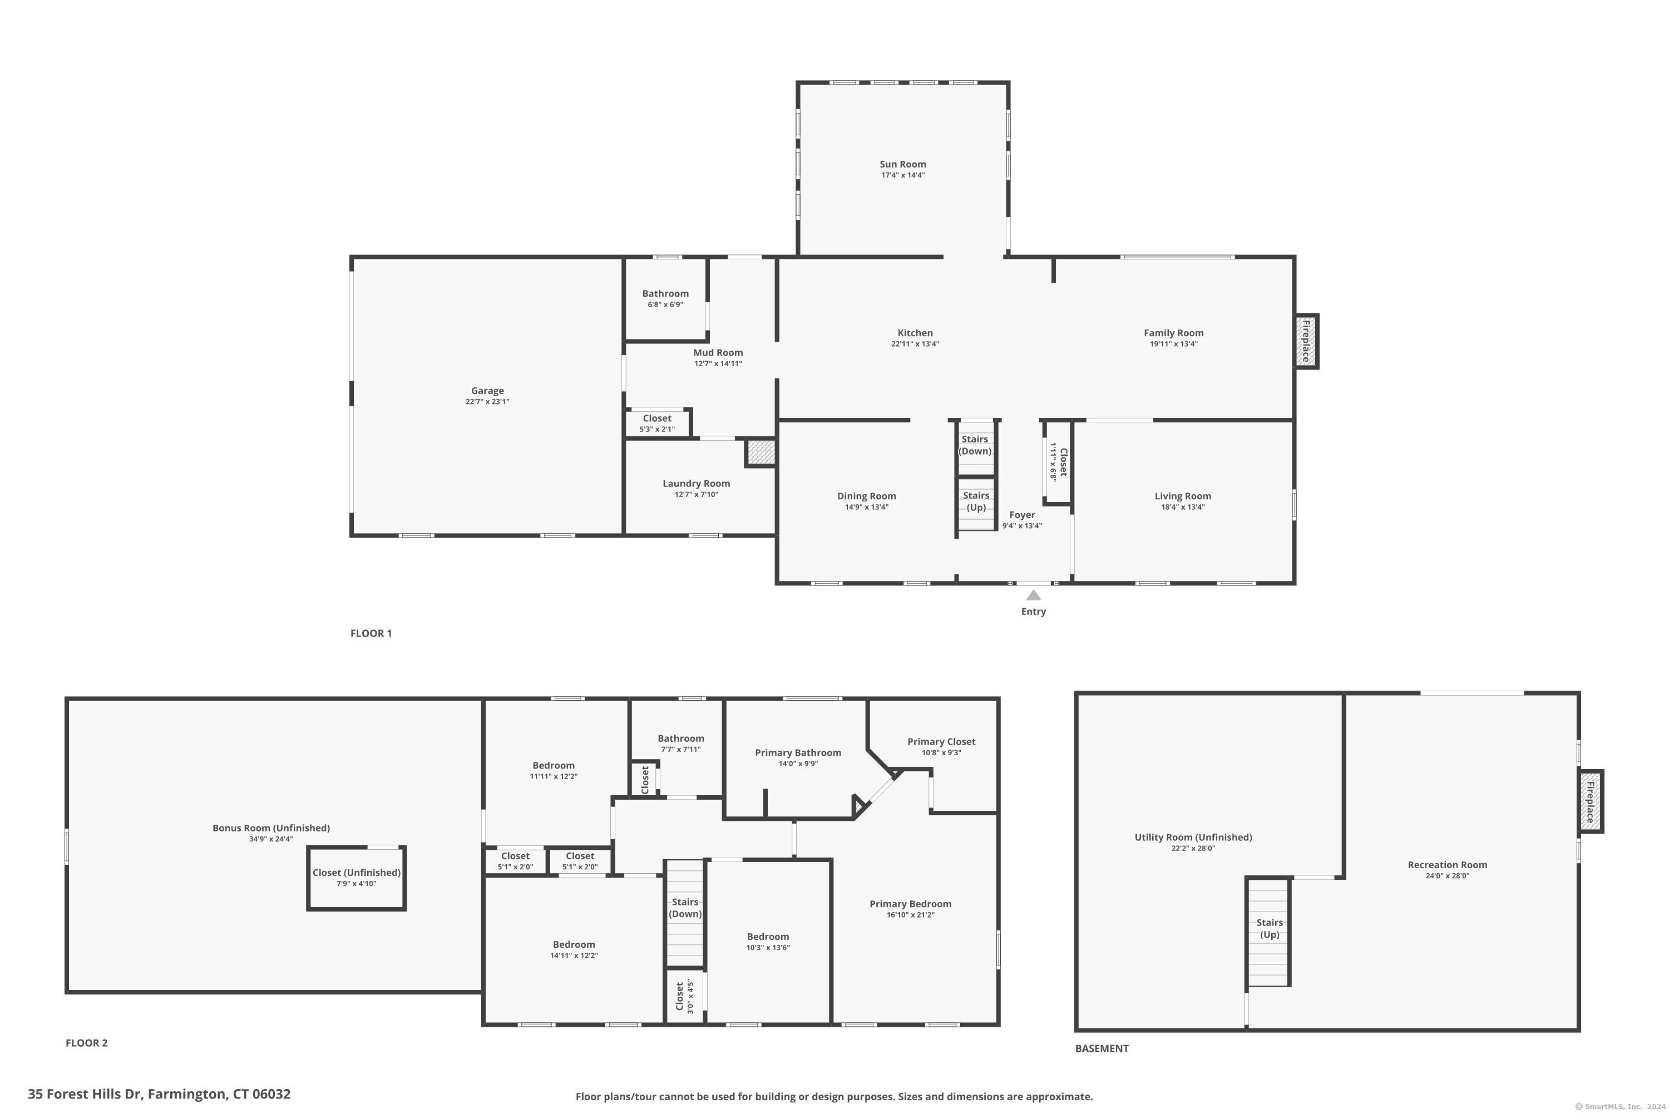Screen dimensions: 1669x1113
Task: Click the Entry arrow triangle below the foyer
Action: point(1033,595)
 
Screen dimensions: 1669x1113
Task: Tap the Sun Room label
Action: point(902,164)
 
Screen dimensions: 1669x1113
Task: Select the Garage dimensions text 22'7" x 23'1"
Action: point(487,402)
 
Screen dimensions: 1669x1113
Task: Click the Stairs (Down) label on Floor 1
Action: point(975,445)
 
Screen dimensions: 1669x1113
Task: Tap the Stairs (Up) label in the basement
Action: point(1270,928)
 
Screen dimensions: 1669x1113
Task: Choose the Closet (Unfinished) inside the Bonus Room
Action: point(356,878)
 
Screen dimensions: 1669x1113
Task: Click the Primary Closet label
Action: point(941,742)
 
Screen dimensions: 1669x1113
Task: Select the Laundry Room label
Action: point(696,484)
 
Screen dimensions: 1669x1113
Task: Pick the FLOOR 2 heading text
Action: point(87,1043)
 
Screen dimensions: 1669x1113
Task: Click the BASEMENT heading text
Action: point(1102,1048)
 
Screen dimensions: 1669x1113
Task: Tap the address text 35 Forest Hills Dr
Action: point(85,1094)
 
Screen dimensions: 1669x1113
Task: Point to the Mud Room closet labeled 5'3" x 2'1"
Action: point(658,423)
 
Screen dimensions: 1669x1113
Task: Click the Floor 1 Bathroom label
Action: point(665,293)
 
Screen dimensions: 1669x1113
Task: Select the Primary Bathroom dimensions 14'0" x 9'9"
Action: point(798,764)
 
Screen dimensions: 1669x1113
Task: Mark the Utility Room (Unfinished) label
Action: point(1193,837)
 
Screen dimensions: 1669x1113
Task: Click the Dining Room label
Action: point(866,496)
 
